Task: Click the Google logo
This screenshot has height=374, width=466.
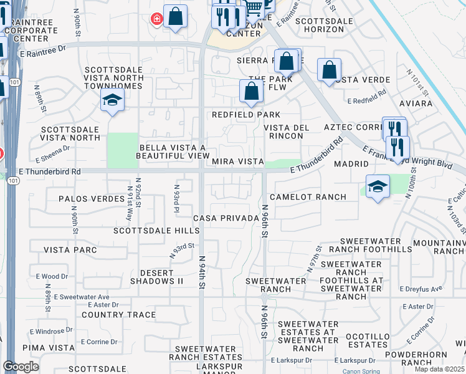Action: point(21,367)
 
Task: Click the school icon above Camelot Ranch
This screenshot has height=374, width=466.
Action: point(378,187)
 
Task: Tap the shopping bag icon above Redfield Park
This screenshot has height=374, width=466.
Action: point(251,92)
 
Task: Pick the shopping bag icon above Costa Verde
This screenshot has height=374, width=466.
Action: point(329,70)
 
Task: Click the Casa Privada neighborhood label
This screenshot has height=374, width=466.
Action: point(226,218)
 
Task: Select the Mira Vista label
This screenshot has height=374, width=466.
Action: point(238,161)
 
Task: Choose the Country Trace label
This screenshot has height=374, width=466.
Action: point(118,315)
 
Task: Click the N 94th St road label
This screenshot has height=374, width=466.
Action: point(202,271)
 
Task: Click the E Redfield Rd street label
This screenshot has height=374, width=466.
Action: point(367,100)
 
